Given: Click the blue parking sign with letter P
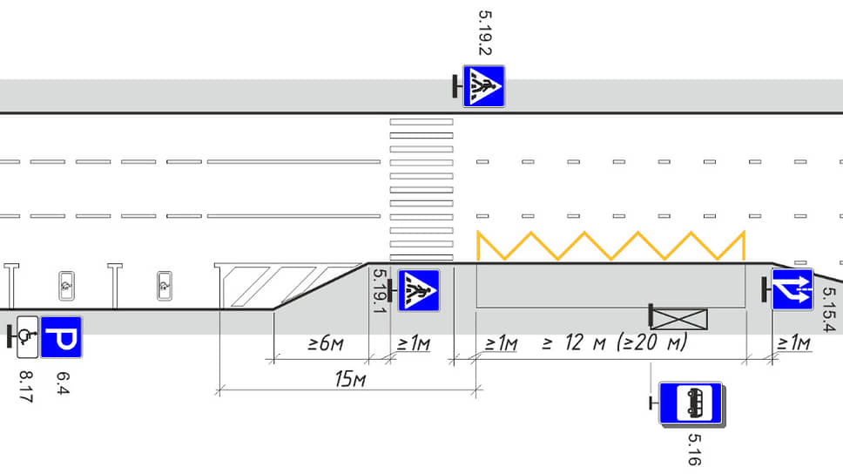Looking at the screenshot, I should [x=61, y=337].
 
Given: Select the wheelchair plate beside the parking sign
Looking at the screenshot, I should [x=27, y=336].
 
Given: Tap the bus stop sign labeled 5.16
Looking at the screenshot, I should [x=691, y=403].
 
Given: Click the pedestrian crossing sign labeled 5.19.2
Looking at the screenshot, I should [x=483, y=85].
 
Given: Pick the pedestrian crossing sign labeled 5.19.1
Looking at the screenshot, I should [x=419, y=291].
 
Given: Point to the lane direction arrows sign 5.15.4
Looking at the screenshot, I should [x=792, y=289].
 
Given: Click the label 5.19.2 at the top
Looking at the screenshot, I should [x=485, y=33].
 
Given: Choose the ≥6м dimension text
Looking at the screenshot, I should [x=325, y=344].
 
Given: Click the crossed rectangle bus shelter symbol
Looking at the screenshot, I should [x=678, y=318].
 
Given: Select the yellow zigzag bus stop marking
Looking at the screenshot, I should [x=610, y=246].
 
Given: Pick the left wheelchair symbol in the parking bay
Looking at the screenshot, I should [x=67, y=283].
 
